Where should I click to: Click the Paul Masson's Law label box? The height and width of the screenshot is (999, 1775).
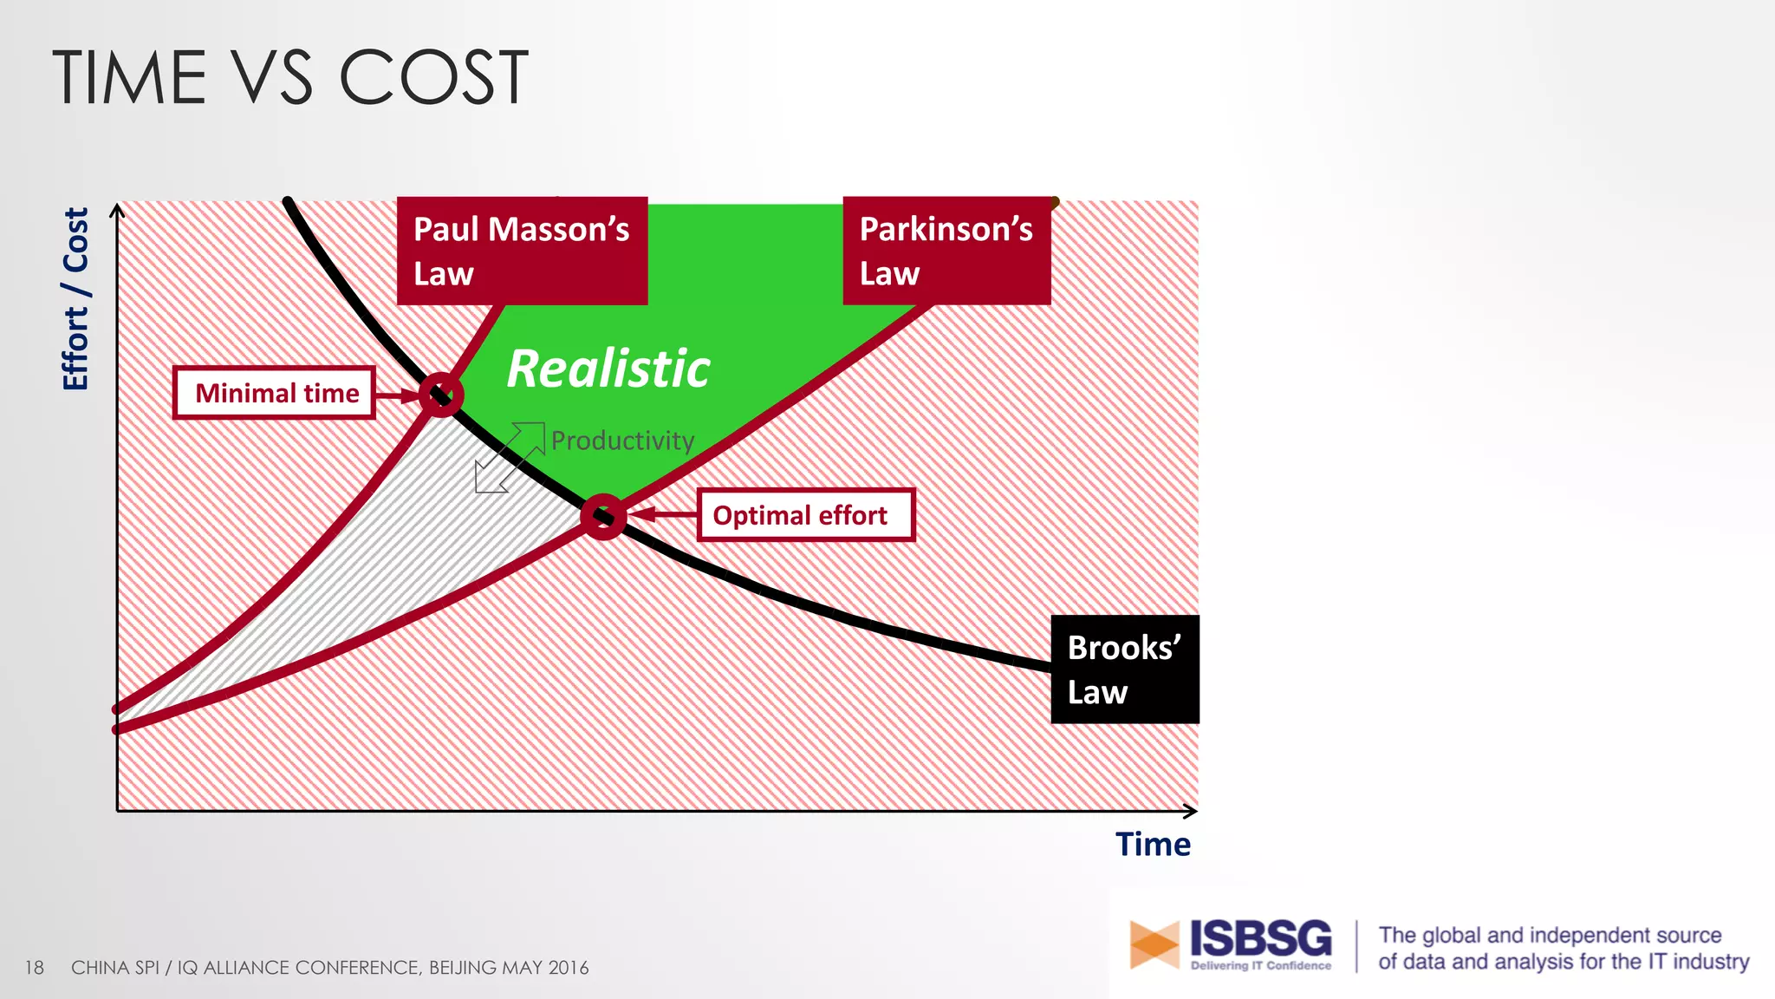point(522,251)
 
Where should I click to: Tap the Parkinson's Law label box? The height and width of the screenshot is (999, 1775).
point(946,251)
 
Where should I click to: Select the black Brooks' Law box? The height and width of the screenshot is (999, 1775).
point(1125,669)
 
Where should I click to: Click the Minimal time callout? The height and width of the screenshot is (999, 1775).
point(275,393)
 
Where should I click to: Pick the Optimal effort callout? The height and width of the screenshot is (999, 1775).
point(806,515)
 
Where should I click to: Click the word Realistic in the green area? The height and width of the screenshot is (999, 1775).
point(608,369)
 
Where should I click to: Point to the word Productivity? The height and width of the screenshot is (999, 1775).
point(622,441)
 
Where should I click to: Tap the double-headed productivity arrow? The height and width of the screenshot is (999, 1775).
point(510,457)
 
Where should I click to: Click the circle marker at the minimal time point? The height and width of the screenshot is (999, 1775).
point(441,395)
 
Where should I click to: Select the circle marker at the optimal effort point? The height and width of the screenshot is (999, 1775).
point(603,517)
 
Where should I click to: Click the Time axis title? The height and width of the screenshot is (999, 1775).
point(1153,844)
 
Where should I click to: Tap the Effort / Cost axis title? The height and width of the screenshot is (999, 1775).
point(76,299)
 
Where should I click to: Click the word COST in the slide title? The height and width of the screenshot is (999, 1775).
point(433,78)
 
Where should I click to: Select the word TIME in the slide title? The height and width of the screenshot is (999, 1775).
point(130,78)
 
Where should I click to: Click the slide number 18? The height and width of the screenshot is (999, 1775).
point(34,967)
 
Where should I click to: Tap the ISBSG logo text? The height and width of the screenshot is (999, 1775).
point(1260,938)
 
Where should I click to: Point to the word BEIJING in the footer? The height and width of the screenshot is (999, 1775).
point(467,967)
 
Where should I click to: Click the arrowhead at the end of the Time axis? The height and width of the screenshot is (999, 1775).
point(1191,811)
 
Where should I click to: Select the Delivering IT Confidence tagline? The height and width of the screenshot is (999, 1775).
point(1260,965)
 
